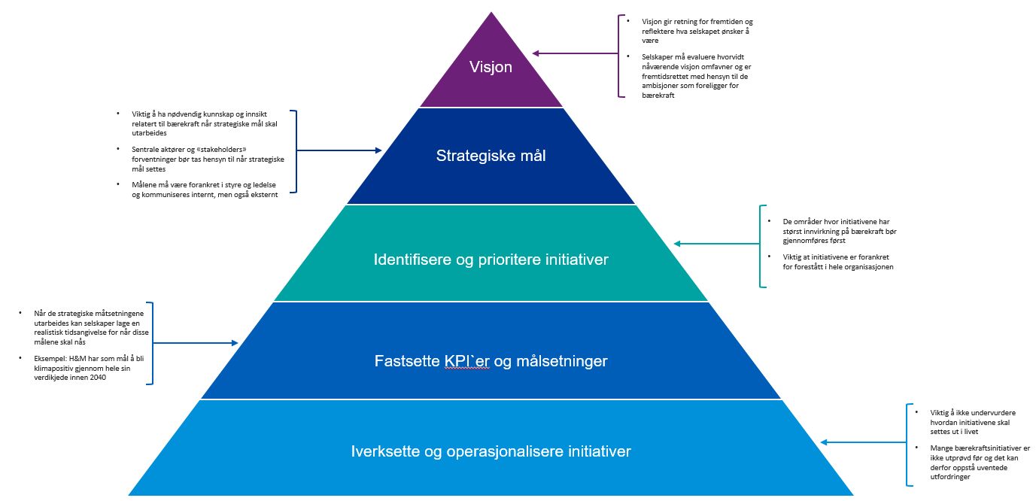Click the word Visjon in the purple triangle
click(x=491, y=67)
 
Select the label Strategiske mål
click(x=491, y=156)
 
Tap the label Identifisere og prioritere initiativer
click(x=491, y=260)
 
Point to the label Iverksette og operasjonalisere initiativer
click(x=491, y=452)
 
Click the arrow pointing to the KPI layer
click(x=196, y=343)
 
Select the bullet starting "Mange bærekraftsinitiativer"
click(x=969, y=462)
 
